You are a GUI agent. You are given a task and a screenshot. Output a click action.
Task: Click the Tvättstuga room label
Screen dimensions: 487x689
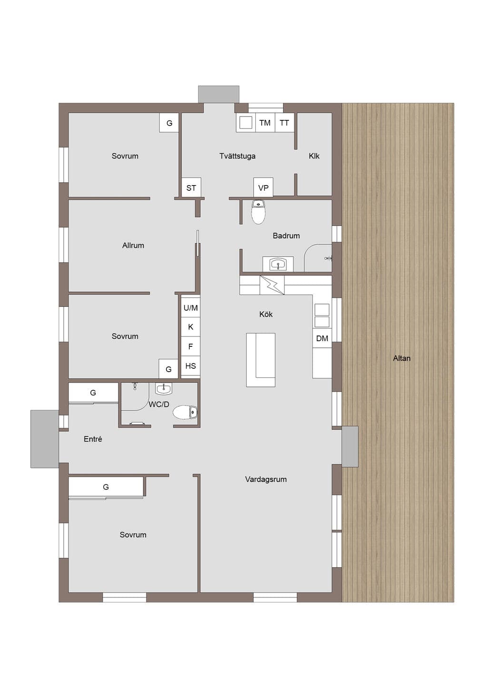click(x=237, y=156)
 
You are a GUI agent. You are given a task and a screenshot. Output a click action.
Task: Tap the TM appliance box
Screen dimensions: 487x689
click(x=265, y=123)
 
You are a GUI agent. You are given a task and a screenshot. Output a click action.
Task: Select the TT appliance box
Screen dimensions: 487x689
click(x=284, y=123)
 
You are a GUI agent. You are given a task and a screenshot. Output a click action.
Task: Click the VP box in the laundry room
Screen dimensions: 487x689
click(x=263, y=187)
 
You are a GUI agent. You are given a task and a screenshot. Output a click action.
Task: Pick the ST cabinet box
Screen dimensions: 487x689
click(x=191, y=187)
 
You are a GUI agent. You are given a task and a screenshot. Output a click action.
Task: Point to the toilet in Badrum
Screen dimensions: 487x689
click(x=258, y=212)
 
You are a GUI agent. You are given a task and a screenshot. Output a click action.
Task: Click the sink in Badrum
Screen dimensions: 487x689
click(x=278, y=264)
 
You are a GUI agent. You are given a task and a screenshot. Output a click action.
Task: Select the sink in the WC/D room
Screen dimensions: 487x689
click(x=164, y=389)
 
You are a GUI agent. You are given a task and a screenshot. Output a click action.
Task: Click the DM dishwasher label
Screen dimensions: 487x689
click(x=322, y=338)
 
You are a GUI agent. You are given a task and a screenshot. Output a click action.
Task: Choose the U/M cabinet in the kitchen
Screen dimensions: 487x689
click(x=191, y=307)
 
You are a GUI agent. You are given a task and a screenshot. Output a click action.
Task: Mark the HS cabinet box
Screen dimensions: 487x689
click(x=191, y=366)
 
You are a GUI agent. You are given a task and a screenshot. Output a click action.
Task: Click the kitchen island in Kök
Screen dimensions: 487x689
click(x=261, y=360)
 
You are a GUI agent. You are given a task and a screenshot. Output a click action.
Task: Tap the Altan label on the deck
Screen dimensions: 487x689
click(x=401, y=358)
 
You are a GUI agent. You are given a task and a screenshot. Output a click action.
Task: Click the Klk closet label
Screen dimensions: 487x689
click(x=314, y=156)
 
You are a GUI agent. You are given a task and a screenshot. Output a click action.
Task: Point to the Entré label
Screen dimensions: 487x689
click(x=93, y=439)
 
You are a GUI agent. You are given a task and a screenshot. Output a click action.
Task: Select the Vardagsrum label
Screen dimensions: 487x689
click(x=266, y=479)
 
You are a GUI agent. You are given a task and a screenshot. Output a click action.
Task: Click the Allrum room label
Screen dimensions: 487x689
click(x=133, y=245)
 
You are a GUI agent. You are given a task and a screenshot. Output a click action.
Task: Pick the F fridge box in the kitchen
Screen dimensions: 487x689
click(x=191, y=346)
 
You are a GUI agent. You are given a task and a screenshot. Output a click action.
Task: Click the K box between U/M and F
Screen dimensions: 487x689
click(x=191, y=327)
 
